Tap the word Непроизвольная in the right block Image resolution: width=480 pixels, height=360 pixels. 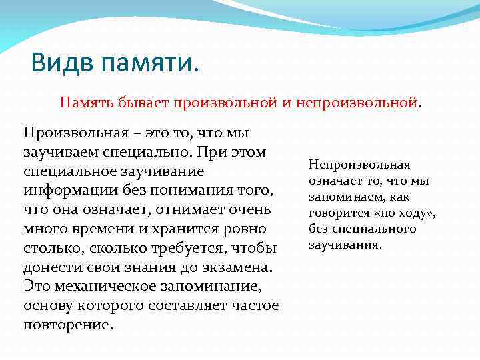[359, 165]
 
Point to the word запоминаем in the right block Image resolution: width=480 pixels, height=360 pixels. [344, 197]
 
